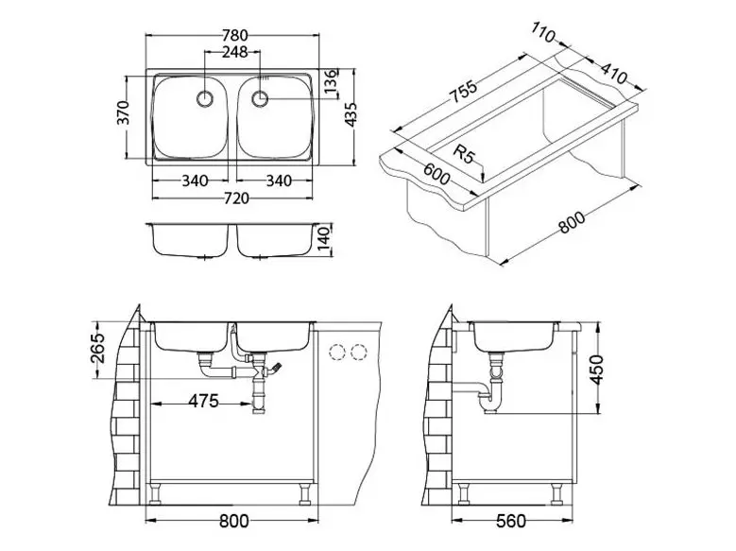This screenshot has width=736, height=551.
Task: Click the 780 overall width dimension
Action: (234, 35)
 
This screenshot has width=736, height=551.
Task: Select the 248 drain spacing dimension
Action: (234, 52)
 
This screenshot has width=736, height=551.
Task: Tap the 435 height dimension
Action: (351, 114)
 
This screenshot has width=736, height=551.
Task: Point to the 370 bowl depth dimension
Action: (123, 112)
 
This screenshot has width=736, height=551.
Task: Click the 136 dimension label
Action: (331, 80)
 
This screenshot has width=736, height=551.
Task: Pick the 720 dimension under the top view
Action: (236, 198)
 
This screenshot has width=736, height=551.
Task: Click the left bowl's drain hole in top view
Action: (205, 98)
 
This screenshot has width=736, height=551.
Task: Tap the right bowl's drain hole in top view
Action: (260, 98)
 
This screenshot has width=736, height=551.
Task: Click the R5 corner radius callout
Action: (464, 154)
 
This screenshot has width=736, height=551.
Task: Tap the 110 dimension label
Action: (543, 32)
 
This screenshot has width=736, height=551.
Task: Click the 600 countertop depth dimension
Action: (436, 174)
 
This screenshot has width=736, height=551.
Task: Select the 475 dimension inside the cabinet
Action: (203, 401)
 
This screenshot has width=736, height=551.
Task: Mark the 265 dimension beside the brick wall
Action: (97, 348)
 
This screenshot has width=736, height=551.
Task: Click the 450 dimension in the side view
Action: (596, 370)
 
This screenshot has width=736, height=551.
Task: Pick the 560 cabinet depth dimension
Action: (511, 521)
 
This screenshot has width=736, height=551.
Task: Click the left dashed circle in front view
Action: (337, 352)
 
